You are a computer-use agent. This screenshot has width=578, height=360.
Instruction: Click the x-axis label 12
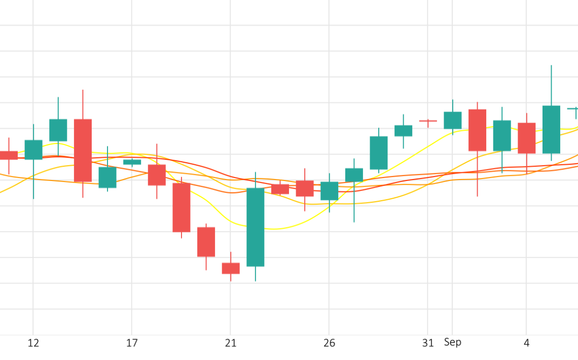pos(33,343)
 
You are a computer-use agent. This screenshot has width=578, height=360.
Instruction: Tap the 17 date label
pos(132,343)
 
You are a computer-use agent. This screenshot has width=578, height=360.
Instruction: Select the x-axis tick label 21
pos(231,343)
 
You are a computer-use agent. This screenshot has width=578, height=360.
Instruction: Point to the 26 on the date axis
pos(329,343)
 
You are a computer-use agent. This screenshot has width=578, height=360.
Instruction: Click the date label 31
pos(428,343)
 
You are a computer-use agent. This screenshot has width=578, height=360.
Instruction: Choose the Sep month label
pos(452,342)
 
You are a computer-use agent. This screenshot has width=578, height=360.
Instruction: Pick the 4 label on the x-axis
pos(527,343)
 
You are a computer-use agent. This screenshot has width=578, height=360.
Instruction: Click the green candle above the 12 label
pos(33,150)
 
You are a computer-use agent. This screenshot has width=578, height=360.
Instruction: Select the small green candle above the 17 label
pos(132,162)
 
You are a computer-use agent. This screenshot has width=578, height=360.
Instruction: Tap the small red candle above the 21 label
pos(231,268)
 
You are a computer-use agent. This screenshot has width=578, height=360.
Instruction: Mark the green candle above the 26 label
pos(329,191)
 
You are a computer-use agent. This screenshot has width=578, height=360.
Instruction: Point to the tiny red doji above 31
pos(428,121)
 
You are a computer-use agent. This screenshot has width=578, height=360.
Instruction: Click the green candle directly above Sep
pos(452,120)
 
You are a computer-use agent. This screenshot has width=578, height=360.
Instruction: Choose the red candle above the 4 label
pos(527,138)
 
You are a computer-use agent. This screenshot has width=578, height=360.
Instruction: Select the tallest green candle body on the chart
pos(255,227)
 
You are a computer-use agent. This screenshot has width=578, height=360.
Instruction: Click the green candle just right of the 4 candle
pos(551,129)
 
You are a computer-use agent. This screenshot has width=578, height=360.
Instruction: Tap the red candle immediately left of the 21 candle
pos(206,242)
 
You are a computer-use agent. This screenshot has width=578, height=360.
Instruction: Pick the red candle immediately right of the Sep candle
pos(477,130)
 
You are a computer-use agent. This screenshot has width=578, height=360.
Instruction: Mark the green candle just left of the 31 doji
pos(403,131)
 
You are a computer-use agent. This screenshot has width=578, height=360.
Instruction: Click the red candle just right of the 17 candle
pos(157,175)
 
